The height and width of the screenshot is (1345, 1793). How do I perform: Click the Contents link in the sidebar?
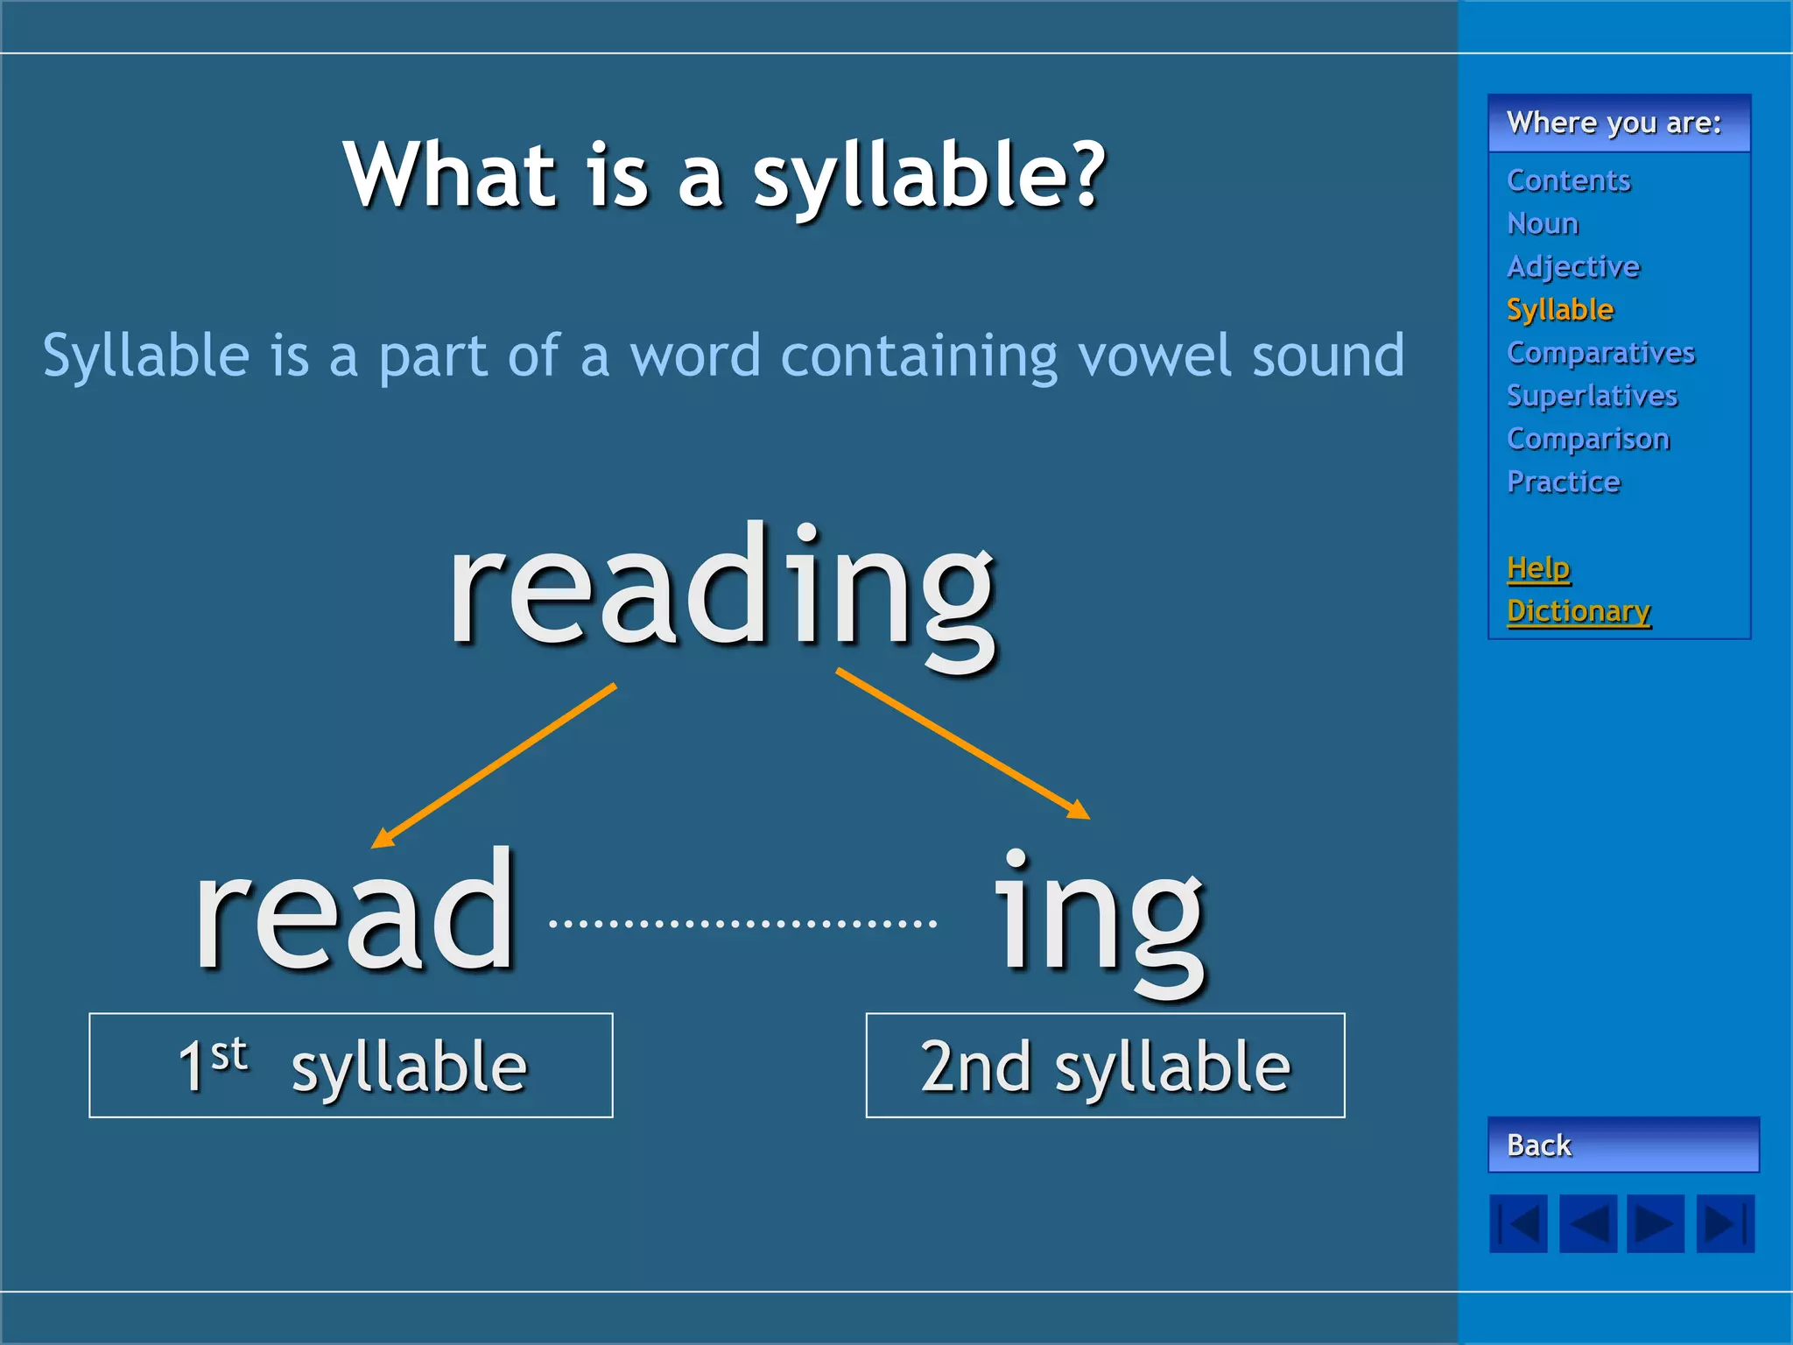(x=1568, y=180)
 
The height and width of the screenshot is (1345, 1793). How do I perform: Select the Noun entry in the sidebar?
(x=1543, y=223)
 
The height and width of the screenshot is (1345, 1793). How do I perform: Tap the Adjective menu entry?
(x=1573, y=266)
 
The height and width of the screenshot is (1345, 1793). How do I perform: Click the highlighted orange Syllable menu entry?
(x=1559, y=309)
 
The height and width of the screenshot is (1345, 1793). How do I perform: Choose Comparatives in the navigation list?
(x=1600, y=352)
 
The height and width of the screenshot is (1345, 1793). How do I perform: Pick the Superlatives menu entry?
(x=1592, y=395)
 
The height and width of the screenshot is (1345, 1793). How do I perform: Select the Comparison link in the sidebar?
(x=1588, y=438)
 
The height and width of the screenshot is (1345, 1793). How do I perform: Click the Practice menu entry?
(x=1564, y=482)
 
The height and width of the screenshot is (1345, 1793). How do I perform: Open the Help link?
(x=1538, y=567)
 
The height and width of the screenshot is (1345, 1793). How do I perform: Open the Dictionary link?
(x=1579, y=610)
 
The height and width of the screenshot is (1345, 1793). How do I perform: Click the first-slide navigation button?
(x=1518, y=1223)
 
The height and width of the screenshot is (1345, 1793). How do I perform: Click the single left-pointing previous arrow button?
(x=1588, y=1223)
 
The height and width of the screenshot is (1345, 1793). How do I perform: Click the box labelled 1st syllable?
(x=350, y=1065)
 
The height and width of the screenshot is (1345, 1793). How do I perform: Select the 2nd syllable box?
(x=1105, y=1065)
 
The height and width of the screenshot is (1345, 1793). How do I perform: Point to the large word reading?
(x=721, y=591)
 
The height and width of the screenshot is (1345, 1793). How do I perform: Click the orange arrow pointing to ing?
(x=963, y=744)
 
